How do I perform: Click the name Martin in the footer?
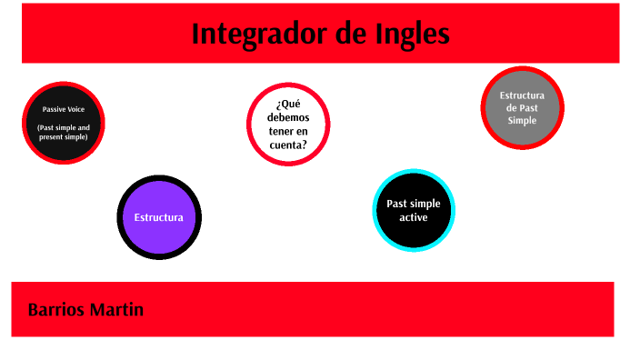(116, 310)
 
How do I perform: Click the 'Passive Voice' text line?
(64, 109)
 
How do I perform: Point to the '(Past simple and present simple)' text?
(64, 133)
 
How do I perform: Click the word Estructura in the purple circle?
(159, 217)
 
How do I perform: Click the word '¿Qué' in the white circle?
(287, 103)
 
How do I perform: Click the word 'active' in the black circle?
(414, 217)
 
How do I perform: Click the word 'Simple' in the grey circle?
(523, 120)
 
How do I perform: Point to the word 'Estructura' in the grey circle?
(523, 95)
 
